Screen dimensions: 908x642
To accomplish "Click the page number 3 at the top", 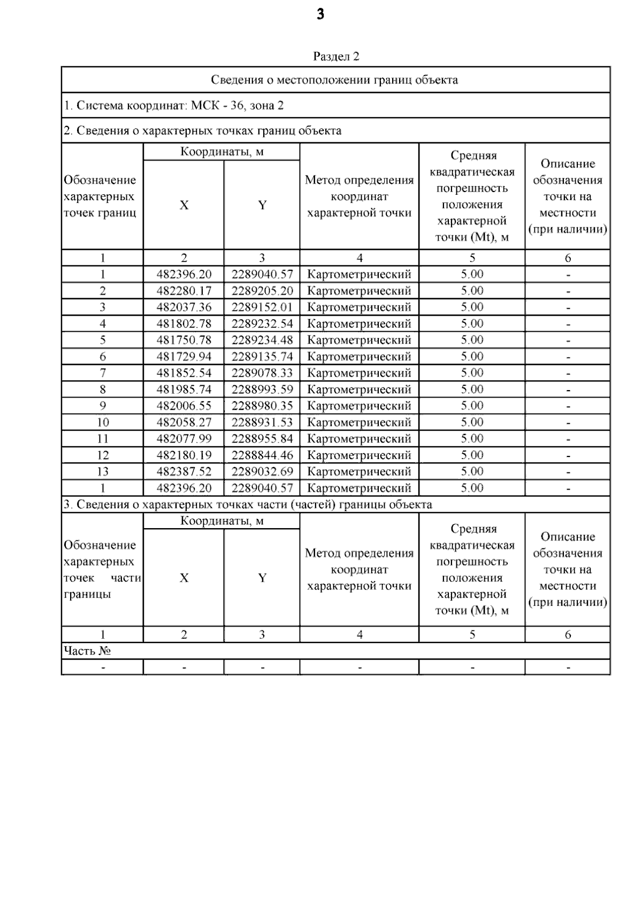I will coord(320,15).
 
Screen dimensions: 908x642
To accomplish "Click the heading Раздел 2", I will coord(335,56).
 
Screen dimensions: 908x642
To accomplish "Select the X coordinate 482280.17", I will coord(184,291).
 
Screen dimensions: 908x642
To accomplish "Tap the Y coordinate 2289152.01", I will coord(262,307).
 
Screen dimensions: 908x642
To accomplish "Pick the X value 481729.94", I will coord(184,357).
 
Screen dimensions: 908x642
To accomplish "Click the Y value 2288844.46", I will coord(262,455).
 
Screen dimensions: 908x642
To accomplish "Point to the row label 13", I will coord(102,472).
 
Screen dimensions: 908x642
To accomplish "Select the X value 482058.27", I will coord(184,423).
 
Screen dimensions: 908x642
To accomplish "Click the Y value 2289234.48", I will coord(262,340).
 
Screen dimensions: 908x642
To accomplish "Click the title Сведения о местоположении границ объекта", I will coord(334,80).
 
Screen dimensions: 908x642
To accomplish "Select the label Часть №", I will coord(87,651).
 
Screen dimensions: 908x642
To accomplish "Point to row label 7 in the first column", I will coord(102,373).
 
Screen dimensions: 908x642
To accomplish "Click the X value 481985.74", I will coord(184,390).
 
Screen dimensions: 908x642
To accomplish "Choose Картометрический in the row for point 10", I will coord(359,423).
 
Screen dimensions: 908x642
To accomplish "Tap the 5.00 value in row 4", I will coord(472,324).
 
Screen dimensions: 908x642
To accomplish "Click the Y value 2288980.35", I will coord(262,406).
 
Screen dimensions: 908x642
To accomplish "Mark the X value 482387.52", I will coord(184,472).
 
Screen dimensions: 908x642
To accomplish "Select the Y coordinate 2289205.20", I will coord(262,291).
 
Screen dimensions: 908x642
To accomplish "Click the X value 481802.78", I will coord(184,324).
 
